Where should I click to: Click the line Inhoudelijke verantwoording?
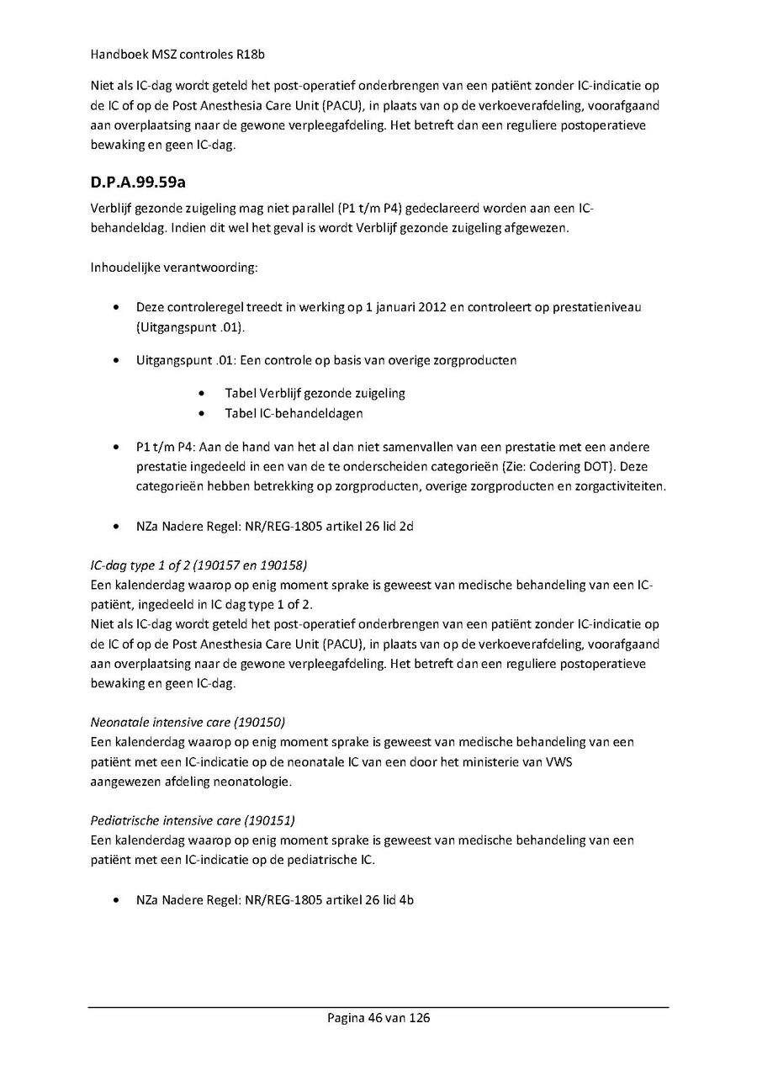click(164, 269)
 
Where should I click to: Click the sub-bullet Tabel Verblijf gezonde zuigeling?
click(315, 393)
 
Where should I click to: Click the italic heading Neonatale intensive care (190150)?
click(188, 722)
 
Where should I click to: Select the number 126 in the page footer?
click(418, 1018)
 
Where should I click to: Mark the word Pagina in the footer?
click(346, 1018)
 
